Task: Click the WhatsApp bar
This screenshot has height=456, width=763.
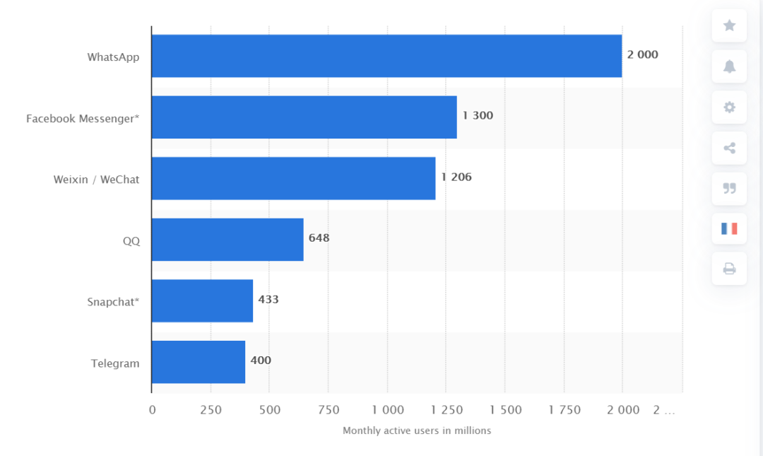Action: (386, 56)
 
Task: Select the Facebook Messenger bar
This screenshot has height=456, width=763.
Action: (304, 117)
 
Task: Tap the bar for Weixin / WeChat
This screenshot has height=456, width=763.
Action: (293, 178)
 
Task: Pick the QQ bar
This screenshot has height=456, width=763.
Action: (227, 240)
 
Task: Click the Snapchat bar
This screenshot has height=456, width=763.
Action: (202, 300)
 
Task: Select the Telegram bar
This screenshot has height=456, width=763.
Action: (199, 362)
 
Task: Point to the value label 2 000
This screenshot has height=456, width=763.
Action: (642, 54)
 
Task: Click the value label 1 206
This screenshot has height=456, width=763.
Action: (456, 177)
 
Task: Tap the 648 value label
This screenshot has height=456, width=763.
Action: (319, 238)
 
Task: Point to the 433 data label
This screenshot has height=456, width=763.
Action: (268, 299)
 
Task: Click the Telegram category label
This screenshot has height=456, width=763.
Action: (115, 363)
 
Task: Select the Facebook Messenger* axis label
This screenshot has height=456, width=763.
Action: (83, 119)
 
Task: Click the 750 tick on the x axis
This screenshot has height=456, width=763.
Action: (328, 410)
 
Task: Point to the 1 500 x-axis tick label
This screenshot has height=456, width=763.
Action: (504, 410)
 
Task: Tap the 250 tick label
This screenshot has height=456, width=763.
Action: (211, 410)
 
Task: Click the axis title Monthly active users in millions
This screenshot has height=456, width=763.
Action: (417, 431)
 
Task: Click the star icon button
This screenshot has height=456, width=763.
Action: (729, 26)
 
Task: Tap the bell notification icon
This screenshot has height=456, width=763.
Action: (729, 66)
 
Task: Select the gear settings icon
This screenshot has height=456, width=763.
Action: (729, 107)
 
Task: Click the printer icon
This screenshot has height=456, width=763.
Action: (729, 269)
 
